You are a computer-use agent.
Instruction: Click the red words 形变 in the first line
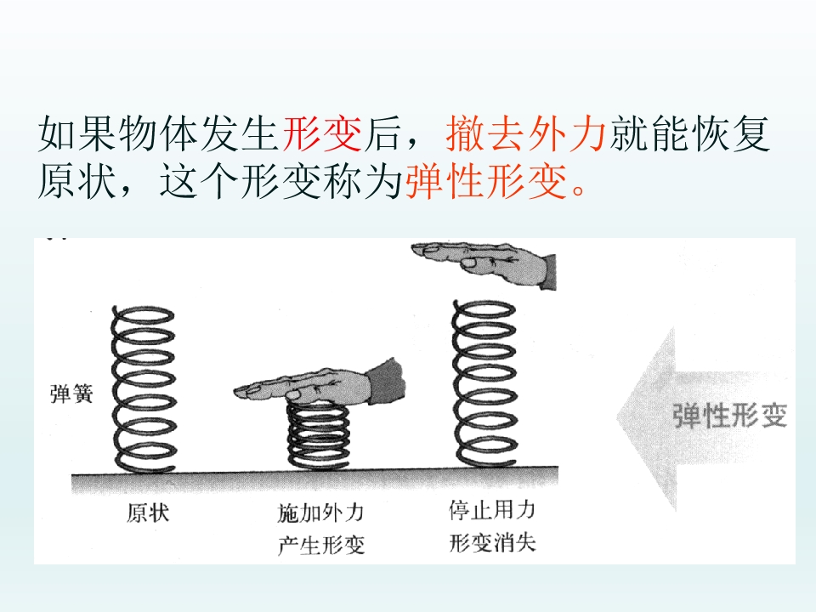click(x=322, y=133)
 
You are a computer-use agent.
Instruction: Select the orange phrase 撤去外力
click(x=526, y=133)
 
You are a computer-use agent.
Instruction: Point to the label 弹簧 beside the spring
click(x=71, y=394)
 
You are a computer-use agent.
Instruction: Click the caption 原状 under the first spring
click(x=148, y=513)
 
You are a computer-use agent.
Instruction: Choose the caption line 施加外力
click(x=321, y=513)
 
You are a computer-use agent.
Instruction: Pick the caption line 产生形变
click(x=321, y=546)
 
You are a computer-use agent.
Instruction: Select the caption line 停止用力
click(x=492, y=509)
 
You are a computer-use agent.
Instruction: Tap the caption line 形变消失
click(x=492, y=542)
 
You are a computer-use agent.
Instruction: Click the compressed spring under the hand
click(x=319, y=435)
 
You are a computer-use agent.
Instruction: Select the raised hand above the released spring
click(x=484, y=263)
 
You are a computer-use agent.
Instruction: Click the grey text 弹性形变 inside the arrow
click(x=729, y=416)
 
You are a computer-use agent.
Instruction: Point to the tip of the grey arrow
click(x=617, y=416)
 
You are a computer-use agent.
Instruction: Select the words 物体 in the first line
click(x=159, y=133)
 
